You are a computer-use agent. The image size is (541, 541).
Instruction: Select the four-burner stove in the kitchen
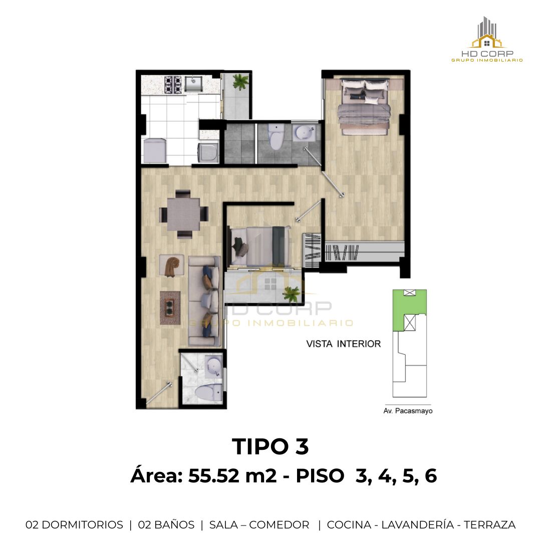click(x=173, y=85)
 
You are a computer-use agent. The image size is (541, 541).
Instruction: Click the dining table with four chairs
click(x=183, y=214)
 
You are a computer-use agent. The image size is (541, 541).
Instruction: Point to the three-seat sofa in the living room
click(x=204, y=301)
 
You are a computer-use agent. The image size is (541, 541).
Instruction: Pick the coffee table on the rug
click(x=170, y=308)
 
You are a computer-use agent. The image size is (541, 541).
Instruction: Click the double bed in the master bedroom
click(x=364, y=106)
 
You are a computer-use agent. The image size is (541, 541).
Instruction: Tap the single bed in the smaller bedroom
click(x=260, y=245)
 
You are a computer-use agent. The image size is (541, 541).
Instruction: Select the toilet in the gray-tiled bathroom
click(x=276, y=137)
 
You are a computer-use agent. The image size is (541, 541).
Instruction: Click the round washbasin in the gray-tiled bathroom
click(x=304, y=132)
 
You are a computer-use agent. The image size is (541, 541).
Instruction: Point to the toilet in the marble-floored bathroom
click(x=208, y=393)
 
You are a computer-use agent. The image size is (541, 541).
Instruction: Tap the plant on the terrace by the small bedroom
click(x=292, y=294)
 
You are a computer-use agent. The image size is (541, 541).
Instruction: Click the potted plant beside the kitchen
click(x=240, y=82)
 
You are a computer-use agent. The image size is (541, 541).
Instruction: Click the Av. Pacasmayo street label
click(x=408, y=411)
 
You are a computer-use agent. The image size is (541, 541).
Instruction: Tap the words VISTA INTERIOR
click(x=344, y=344)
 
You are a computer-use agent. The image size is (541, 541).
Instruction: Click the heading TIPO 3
click(x=270, y=446)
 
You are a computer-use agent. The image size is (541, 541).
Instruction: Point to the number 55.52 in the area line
click(x=213, y=476)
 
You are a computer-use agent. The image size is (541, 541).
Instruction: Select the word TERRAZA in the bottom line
click(x=489, y=524)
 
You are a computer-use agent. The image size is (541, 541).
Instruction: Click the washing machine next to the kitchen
click(x=208, y=153)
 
